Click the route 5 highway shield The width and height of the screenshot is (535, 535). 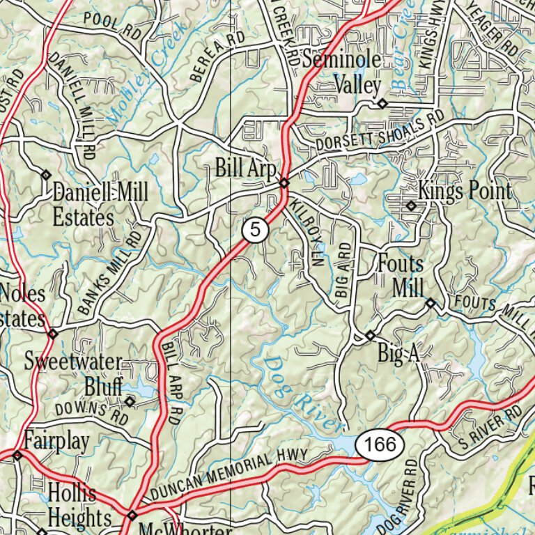(x=256, y=230)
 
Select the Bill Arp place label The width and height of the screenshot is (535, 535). (x=246, y=168)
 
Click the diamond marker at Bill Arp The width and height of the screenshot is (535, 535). (x=284, y=183)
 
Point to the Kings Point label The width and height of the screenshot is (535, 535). (x=465, y=190)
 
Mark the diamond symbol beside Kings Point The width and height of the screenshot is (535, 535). (x=411, y=206)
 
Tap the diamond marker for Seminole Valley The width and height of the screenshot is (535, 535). (x=382, y=104)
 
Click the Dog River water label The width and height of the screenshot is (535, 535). (x=304, y=392)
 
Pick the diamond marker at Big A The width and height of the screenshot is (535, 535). (x=370, y=336)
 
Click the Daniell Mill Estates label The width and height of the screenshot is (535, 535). (x=100, y=204)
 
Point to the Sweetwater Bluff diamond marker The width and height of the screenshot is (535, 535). (x=129, y=401)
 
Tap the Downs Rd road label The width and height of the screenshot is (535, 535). (x=93, y=413)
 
